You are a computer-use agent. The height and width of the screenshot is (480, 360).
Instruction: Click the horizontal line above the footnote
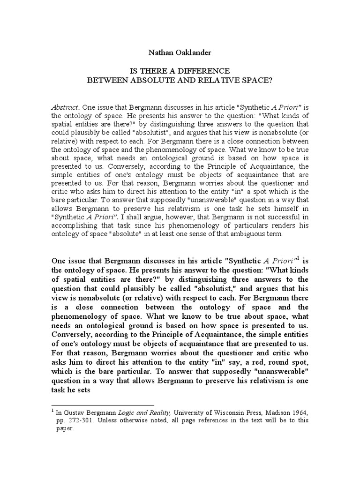pos(103,404)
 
